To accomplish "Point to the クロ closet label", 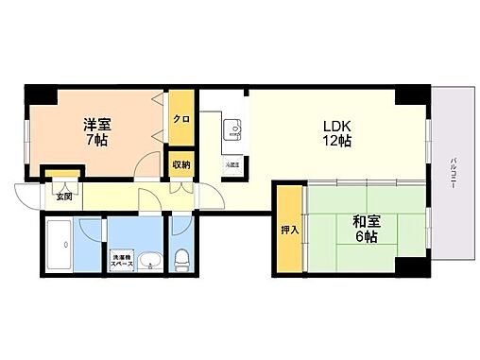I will point(180,119).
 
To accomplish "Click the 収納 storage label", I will point(180,164).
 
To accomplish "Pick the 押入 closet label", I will point(290,230).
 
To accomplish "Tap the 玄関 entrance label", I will point(63,197).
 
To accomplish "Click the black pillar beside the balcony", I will point(412,94).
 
